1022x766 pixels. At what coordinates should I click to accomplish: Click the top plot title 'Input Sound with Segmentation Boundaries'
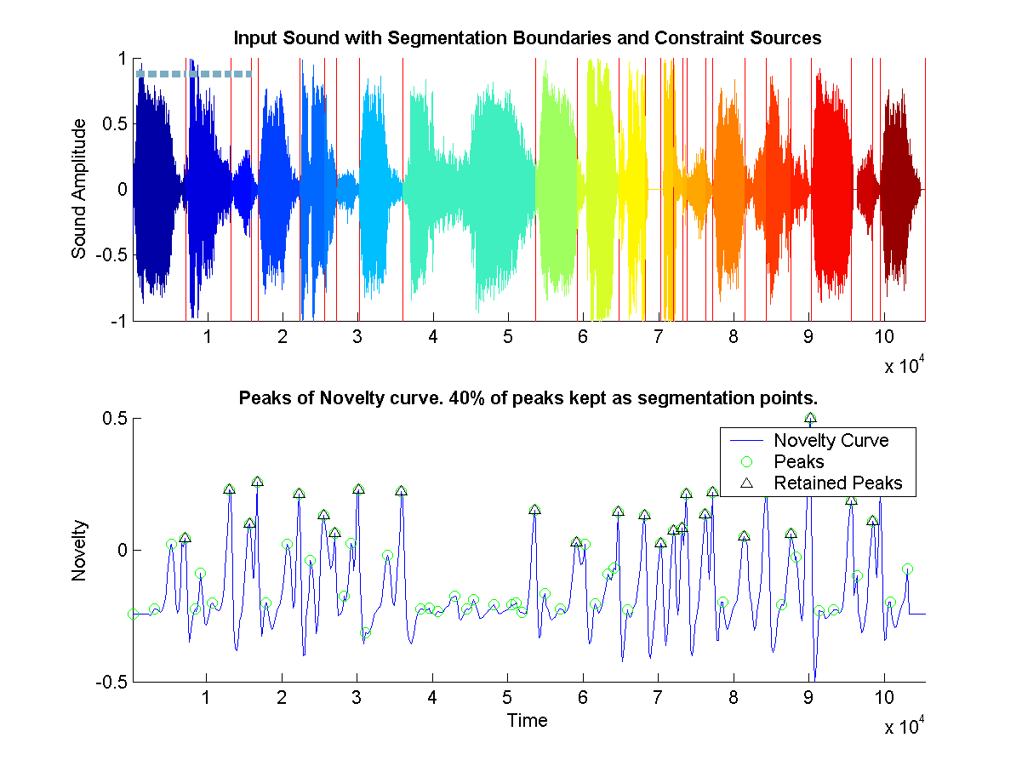[528, 37]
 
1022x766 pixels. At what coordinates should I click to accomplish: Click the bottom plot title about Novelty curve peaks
[528, 397]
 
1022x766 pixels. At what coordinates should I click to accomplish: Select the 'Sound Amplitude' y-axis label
[79, 189]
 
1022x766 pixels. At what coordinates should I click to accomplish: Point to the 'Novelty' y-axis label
[79, 551]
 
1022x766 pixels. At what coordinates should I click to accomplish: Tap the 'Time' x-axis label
[528, 721]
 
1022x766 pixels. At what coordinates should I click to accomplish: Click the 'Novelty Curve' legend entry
[831, 440]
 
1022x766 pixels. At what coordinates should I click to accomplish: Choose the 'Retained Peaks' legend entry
[837, 483]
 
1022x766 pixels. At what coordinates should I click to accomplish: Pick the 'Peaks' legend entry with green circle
[798, 462]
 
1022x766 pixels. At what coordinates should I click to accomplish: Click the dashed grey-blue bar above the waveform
[194, 74]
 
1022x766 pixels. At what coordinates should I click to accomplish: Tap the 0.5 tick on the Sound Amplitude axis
[114, 123]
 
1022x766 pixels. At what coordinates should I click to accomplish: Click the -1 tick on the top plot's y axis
[117, 321]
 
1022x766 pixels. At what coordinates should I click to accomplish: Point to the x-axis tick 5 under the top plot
[507, 337]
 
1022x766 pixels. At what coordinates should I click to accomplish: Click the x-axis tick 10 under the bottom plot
[884, 699]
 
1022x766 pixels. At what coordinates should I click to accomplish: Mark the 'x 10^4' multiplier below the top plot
[904, 366]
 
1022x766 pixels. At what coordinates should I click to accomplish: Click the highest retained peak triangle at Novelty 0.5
[810, 418]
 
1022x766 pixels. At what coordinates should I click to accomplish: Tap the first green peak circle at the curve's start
[133, 614]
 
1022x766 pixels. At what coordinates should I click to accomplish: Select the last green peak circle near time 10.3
[908, 569]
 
